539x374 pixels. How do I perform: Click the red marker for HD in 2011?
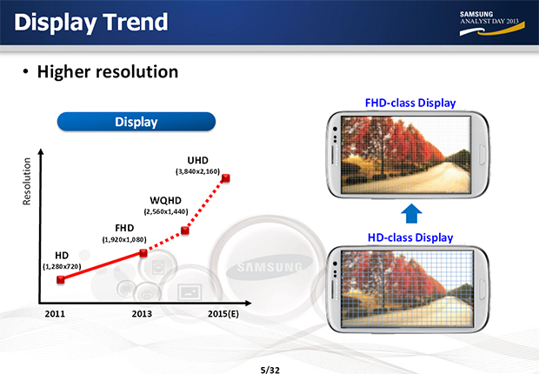click(x=61, y=280)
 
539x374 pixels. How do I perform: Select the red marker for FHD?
click(x=143, y=253)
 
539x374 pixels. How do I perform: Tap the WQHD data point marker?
click(x=185, y=230)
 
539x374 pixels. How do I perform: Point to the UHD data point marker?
click(x=225, y=178)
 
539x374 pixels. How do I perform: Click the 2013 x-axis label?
click(x=142, y=314)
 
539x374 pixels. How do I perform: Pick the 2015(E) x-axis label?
click(x=223, y=314)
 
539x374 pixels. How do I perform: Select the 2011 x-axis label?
click(x=55, y=314)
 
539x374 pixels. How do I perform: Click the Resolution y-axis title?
click(x=27, y=181)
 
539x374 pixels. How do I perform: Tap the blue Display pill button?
click(x=136, y=122)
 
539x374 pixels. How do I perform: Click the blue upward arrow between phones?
click(x=411, y=214)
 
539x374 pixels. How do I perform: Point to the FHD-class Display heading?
click(x=410, y=103)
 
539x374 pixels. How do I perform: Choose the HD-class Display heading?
click(x=410, y=237)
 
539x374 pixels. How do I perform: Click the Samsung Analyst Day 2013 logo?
click(x=492, y=23)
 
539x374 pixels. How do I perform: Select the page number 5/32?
click(x=269, y=370)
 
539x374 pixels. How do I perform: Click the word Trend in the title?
click(x=135, y=22)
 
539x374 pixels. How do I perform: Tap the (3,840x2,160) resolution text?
click(x=197, y=171)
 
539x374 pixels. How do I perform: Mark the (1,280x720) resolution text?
click(x=62, y=267)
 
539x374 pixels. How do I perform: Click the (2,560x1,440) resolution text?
click(x=166, y=211)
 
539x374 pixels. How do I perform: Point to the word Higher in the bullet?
click(x=63, y=72)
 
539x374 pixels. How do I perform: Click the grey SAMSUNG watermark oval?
click(x=269, y=267)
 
